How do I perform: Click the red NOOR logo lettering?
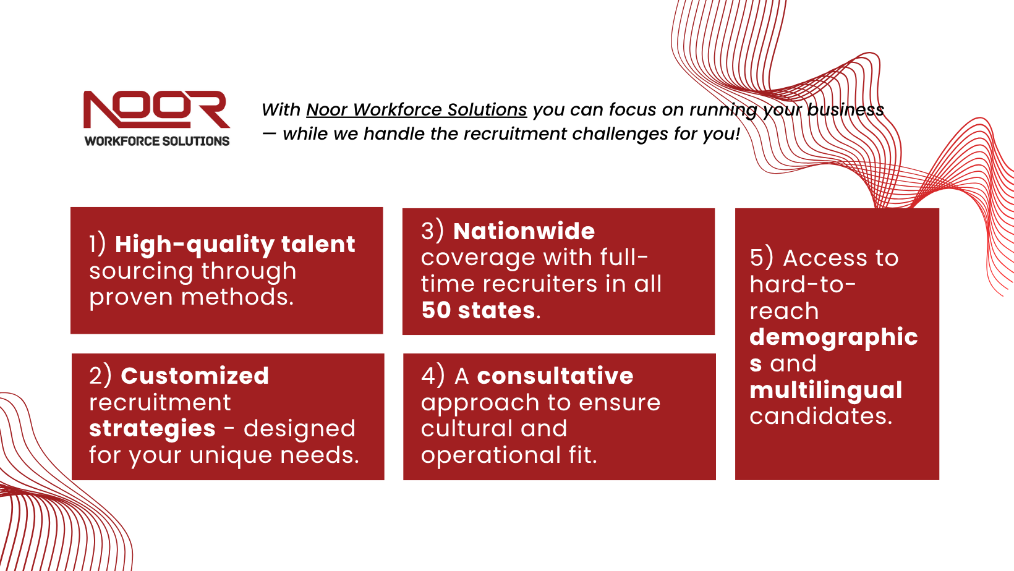click(156, 110)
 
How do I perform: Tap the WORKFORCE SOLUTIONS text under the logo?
click(157, 142)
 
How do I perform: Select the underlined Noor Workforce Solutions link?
click(417, 109)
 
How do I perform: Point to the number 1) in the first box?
click(98, 244)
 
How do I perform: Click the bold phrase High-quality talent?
click(235, 245)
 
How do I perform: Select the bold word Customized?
click(195, 376)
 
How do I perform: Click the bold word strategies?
click(152, 428)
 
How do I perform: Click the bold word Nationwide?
click(524, 231)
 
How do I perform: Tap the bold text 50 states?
click(478, 310)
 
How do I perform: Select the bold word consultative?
click(555, 376)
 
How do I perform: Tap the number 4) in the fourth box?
click(433, 376)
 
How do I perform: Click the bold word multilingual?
click(826, 390)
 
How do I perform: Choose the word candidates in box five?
click(820, 416)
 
